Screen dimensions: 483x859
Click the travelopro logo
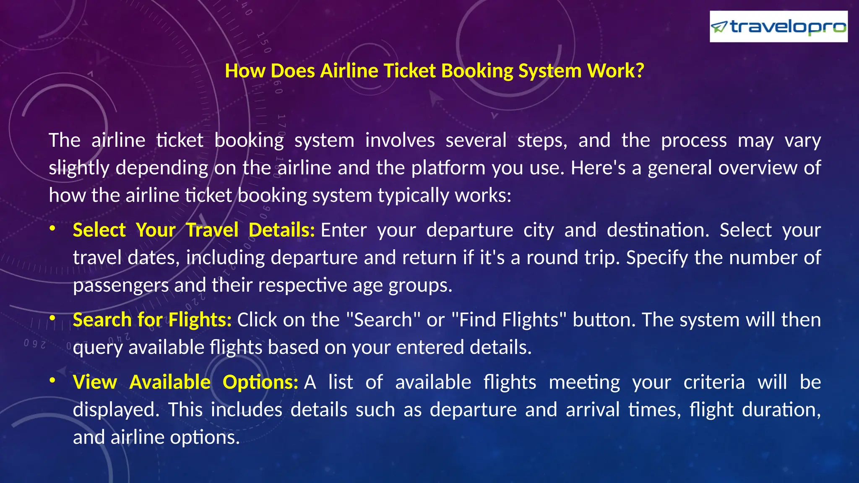(x=778, y=27)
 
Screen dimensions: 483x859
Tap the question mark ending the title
(x=640, y=71)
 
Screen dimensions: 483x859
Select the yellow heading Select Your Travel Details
(x=193, y=230)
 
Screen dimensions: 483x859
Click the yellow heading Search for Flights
(x=152, y=320)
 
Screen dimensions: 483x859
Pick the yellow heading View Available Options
(x=185, y=382)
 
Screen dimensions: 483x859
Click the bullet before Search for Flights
(x=52, y=319)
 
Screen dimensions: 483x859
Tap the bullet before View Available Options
(x=52, y=381)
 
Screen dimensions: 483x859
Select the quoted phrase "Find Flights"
(x=509, y=320)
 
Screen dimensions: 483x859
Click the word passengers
(x=121, y=286)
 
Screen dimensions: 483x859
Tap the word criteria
(x=714, y=382)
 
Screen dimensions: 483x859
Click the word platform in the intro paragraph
(x=448, y=168)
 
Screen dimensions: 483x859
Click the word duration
(x=781, y=410)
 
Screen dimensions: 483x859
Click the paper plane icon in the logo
(x=719, y=27)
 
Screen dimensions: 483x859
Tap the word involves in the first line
(x=400, y=140)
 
